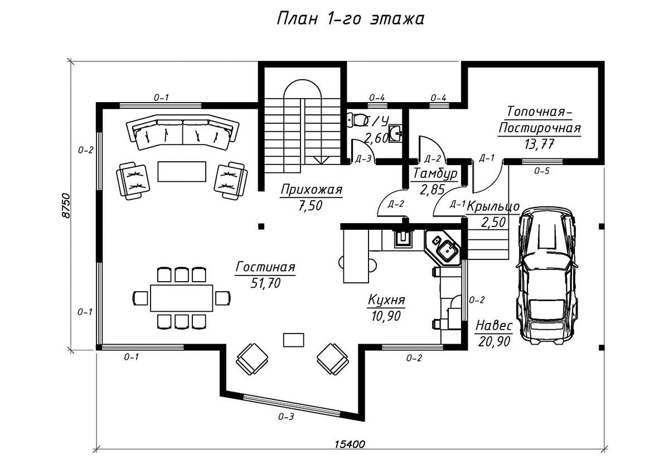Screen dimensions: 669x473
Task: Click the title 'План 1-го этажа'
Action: pyautogui.click(x=350, y=19)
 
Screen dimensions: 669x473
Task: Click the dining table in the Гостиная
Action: pyautogui.click(x=182, y=298)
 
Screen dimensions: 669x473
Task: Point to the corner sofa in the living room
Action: pyautogui.click(x=182, y=132)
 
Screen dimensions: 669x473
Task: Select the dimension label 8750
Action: pyautogui.click(x=66, y=206)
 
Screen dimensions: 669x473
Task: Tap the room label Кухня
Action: pyautogui.click(x=386, y=300)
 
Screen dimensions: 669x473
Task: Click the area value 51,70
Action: pyautogui.click(x=265, y=283)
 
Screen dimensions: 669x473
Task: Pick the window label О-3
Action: pyautogui.click(x=286, y=417)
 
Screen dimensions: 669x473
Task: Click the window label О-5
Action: pyautogui.click(x=542, y=171)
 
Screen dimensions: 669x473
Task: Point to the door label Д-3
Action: pyautogui.click(x=363, y=158)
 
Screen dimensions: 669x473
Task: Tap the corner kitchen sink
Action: pyautogui.click(x=447, y=249)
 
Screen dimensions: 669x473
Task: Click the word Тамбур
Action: pyautogui.click(x=435, y=174)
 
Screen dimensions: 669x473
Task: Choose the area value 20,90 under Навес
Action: pyautogui.click(x=494, y=341)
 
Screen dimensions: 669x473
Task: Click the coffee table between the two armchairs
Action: pyautogui.click(x=182, y=171)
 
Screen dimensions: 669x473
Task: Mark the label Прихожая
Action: pyautogui.click(x=312, y=190)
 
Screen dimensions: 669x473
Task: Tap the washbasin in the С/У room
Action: pyautogui.click(x=395, y=133)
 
